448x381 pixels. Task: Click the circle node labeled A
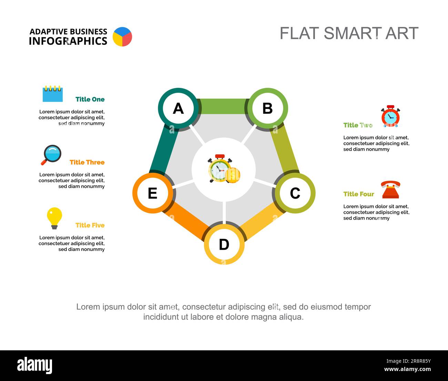(x=178, y=108)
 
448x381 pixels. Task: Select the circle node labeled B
(x=268, y=108)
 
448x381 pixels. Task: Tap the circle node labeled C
(x=295, y=193)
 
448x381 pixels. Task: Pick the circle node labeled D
(x=224, y=244)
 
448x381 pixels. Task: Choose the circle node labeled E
(x=153, y=193)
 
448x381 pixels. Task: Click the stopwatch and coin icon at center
(x=224, y=169)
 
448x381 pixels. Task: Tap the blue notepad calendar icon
(x=53, y=94)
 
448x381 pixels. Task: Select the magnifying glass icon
(x=51, y=155)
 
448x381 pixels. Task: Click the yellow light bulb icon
(x=54, y=218)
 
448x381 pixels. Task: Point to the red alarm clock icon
(x=390, y=116)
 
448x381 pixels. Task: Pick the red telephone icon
(x=390, y=190)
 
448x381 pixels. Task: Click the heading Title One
(x=90, y=99)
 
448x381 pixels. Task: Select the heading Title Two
(x=358, y=125)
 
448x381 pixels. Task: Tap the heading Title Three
(x=87, y=162)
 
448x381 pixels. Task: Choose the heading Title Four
(x=359, y=194)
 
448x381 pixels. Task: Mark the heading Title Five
(x=90, y=225)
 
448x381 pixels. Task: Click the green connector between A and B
(x=223, y=106)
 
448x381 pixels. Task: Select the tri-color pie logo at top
(x=122, y=37)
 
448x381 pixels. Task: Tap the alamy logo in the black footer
(x=35, y=365)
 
